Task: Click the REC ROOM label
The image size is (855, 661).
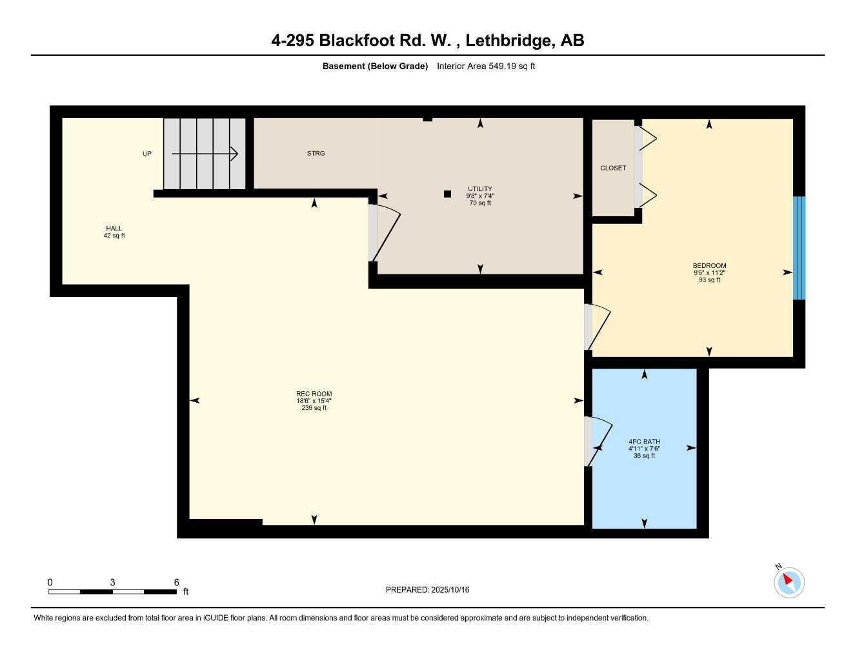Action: pyautogui.click(x=314, y=394)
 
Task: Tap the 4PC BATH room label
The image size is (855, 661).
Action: pyautogui.click(x=644, y=442)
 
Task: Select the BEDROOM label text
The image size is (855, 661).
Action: pyautogui.click(x=709, y=266)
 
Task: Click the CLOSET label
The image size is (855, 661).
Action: pyautogui.click(x=613, y=168)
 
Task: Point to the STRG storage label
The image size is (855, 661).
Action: pyautogui.click(x=316, y=154)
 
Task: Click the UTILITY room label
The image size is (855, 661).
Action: pyautogui.click(x=479, y=189)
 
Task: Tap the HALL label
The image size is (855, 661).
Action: pyautogui.click(x=114, y=229)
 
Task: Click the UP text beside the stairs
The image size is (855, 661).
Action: pyautogui.click(x=147, y=154)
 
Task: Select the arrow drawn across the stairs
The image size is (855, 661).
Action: pyautogui.click(x=205, y=154)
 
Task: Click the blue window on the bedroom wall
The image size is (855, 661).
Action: pyautogui.click(x=799, y=248)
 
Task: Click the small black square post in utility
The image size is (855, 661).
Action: pyautogui.click(x=447, y=194)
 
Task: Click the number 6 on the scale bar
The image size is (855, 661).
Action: pyautogui.click(x=176, y=582)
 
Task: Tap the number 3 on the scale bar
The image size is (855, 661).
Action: pyautogui.click(x=112, y=582)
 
